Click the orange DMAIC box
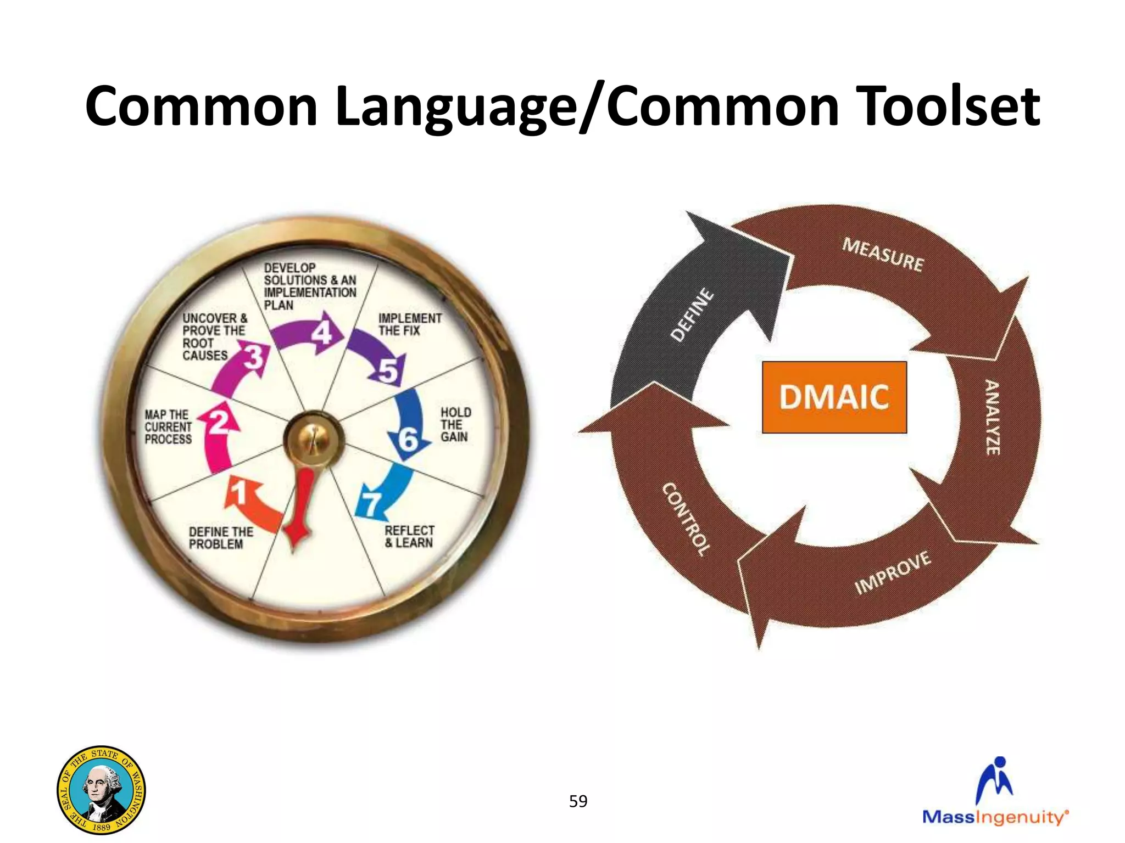[834, 397]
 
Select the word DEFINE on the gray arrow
[693, 315]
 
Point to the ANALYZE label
[992, 417]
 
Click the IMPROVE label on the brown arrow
[893, 572]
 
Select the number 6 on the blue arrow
[408, 440]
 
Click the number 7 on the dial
[371, 503]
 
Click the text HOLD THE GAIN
[455, 425]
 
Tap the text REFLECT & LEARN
[409, 537]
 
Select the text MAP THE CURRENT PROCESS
[168, 427]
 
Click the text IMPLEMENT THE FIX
[409, 324]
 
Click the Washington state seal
[102, 790]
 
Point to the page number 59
[578, 801]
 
